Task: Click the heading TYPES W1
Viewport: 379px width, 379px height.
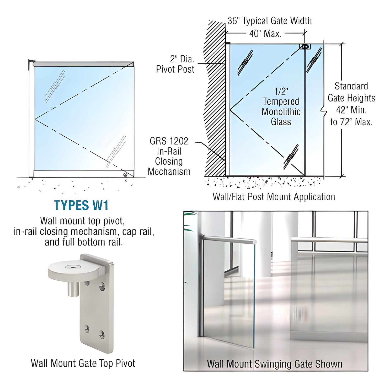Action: click(81, 205)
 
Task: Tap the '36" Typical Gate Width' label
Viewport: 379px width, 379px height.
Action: click(269, 21)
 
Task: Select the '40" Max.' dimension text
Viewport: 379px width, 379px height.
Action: click(265, 34)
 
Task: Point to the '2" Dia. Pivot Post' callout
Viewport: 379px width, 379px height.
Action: click(175, 64)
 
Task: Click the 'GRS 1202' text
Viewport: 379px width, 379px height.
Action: click(169, 141)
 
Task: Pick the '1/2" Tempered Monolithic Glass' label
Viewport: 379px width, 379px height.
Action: click(281, 106)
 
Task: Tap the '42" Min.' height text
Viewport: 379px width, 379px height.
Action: click(351, 110)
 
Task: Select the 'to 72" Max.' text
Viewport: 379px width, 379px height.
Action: click(351, 122)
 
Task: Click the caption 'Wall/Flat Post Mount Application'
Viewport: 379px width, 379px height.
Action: click(274, 196)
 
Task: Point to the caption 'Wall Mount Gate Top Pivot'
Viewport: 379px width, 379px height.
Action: click(83, 363)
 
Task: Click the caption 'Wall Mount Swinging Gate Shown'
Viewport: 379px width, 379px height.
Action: click(275, 364)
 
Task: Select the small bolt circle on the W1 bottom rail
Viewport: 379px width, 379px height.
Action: click(125, 174)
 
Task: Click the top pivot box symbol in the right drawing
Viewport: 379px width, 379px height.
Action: click(305, 47)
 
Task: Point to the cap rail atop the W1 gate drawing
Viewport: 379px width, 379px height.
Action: click(83, 64)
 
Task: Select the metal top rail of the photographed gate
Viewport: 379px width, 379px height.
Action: click(228, 239)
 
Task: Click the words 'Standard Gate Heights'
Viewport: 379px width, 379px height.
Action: click(351, 92)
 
